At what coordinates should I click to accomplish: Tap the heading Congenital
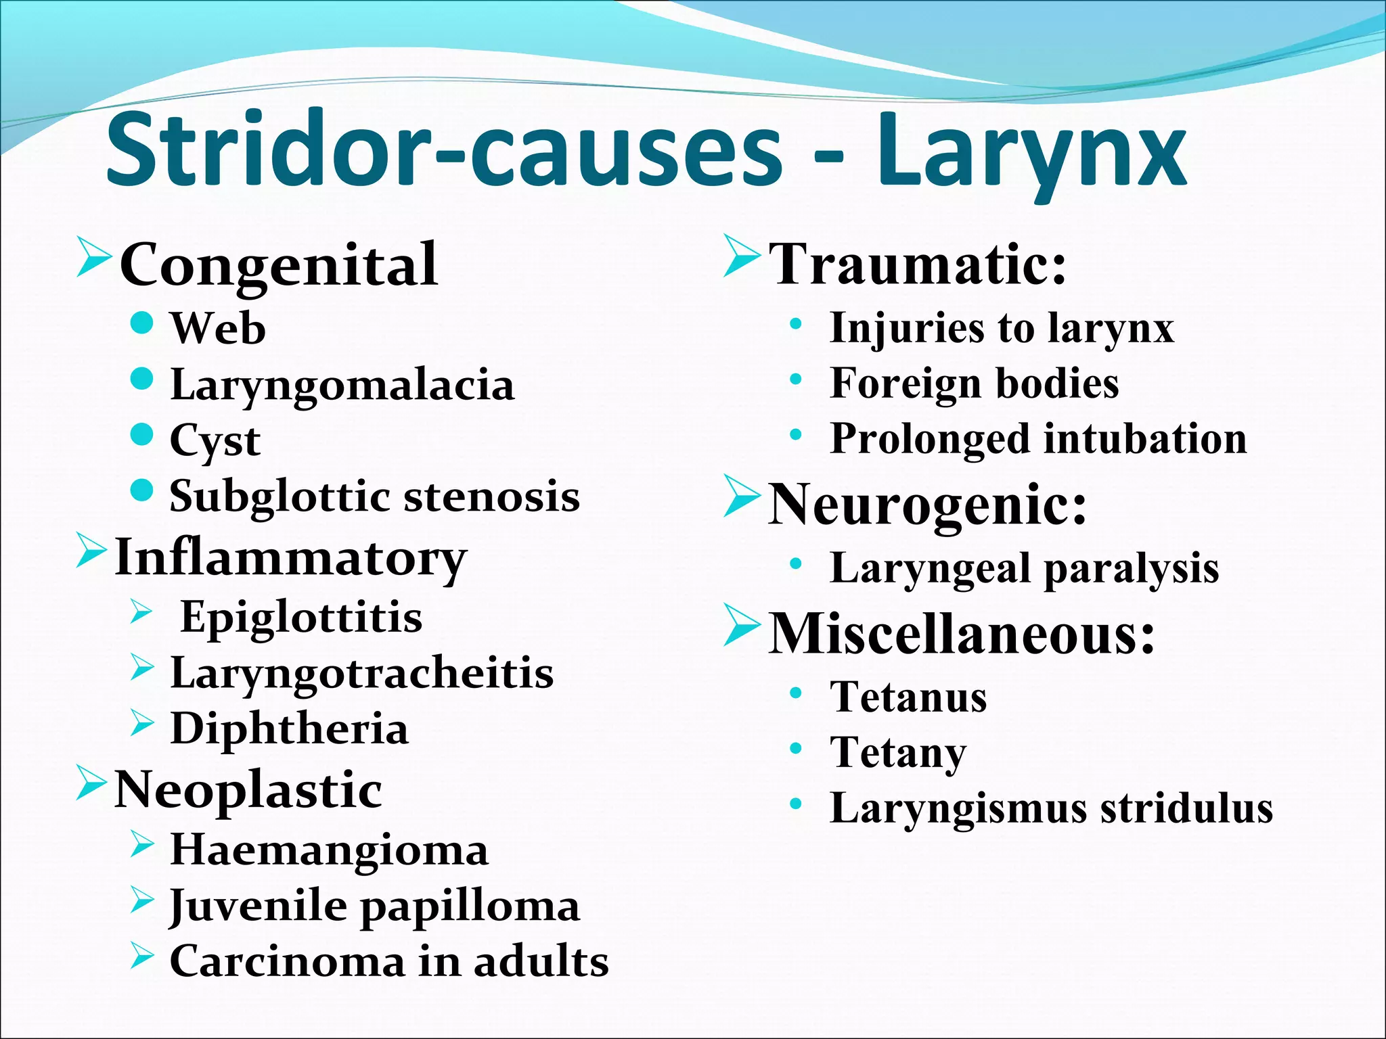pos(278,264)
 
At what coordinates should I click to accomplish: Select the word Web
pos(218,329)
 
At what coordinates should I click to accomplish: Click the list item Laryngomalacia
pos(342,386)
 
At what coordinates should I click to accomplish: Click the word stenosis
pos(491,496)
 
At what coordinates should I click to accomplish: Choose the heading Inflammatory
pos(291,558)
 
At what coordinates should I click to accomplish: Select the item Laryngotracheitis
pos(361,674)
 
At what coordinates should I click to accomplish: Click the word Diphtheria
pos(289,729)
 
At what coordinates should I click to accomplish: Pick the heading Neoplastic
pos(248,790)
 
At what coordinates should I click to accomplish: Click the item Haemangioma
pos(329,850)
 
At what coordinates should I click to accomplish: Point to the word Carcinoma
pos(287,961)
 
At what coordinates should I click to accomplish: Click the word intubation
pos(1145,438)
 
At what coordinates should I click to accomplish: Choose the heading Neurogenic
pos(927,505)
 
